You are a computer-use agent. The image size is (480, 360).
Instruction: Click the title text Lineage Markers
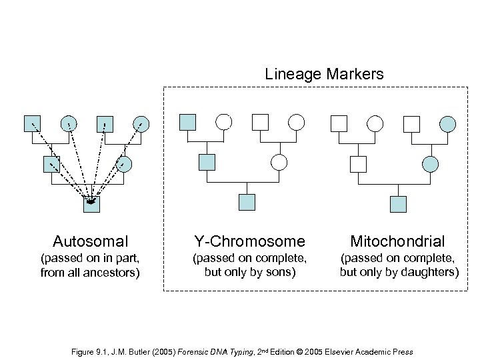pyautogui.click(x=325, y=74)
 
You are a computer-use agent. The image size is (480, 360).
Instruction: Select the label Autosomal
pyautogui.click(x=91, y=241)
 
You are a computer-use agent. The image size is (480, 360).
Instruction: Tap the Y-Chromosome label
pyautogui.click(x=249, y=241)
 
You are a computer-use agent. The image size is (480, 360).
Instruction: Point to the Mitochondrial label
pyautogui.click(x=399, y=241)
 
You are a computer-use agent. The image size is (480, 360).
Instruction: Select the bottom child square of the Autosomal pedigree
pyautogui.click(x=91, y=203)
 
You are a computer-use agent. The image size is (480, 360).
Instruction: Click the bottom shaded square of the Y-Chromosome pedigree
pyautogui.click(x=247, y=203)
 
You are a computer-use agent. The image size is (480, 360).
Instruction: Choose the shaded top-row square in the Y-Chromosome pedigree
pyautogui.click(x=189, y=122)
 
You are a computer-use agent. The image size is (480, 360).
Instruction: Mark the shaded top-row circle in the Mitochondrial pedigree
pyautogui.click(x=448, y=123)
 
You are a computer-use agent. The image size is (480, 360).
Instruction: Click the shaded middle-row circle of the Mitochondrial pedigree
pyautogui.click(x=431, y=163)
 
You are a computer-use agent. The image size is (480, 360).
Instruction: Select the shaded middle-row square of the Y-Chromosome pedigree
pyautogui.click(x=207, y=162)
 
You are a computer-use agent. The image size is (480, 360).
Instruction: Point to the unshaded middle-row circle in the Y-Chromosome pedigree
pyautogui.click(x=279, y=162)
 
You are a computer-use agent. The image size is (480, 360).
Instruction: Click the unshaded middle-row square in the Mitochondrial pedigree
pyautogui.click(x=359, y=163)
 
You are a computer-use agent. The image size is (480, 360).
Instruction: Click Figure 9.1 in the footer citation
pyautogui.click(x=87, y=351)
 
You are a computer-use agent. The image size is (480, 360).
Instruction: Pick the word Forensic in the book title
pyautogui.click(x=197, y=351)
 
